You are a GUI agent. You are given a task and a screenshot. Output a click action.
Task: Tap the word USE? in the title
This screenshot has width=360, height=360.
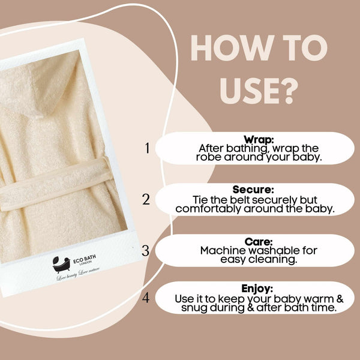pyautogui.click(x=259, y=91)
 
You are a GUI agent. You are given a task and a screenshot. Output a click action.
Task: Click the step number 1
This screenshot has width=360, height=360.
pyautogui.click(x=146, y=148)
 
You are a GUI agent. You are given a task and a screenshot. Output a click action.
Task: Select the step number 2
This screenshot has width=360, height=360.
pyautogui.click(x=146, y=199)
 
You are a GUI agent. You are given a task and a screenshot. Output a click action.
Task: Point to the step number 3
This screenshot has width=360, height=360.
pyautogui.click(x=145, y=250)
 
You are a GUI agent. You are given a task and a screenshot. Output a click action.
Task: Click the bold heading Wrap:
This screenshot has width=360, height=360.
pyautogui.click(x=259, y=139)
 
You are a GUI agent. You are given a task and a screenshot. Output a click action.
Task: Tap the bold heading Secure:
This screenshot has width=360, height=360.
pyautogui.click(x=259, y=190)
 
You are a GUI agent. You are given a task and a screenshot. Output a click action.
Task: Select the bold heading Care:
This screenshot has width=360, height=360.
pyautogui.click(x=259, y=241)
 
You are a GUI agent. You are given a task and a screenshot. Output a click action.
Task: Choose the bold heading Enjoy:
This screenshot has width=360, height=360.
pyautogui.click(x=259, y=289)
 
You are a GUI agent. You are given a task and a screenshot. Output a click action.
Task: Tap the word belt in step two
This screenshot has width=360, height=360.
pyautogui.click(x=241, y=199)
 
